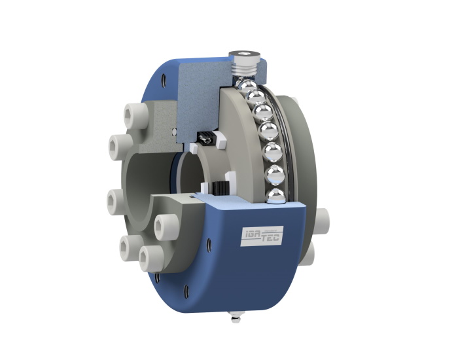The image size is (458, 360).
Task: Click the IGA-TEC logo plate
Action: coord(262,236)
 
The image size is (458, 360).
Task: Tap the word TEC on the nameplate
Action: coord(272,238)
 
